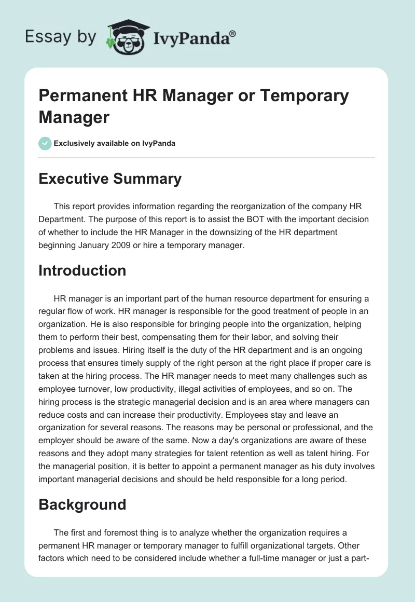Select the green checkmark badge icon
[x=45, y=143]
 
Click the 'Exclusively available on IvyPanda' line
[x=115, y=143]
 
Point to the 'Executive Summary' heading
[x=110, y=179]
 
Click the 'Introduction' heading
[x=82, y=270]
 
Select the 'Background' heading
[x=82, y=504]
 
